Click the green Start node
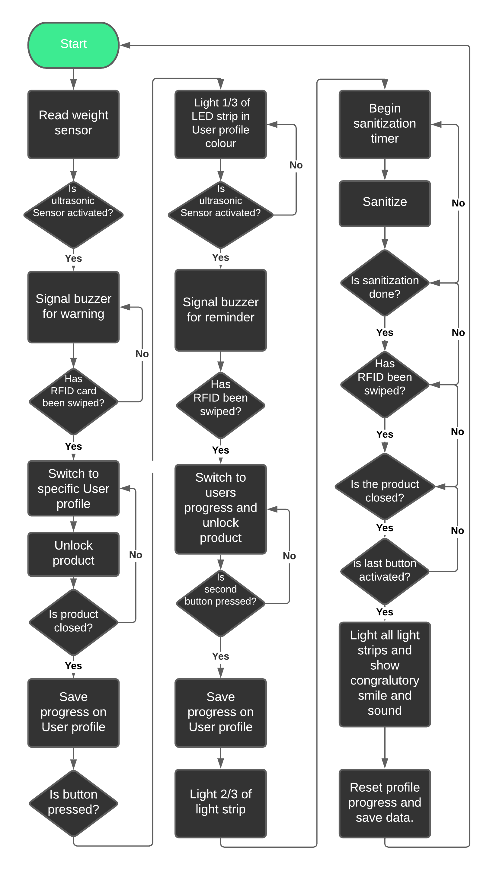[73, 45]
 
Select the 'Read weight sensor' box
[73, 124]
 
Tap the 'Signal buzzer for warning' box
[73, 307]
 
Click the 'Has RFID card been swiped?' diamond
[73, 402]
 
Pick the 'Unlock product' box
[73, 554]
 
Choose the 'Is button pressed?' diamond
[73, 803]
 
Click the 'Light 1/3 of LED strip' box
[221, 124]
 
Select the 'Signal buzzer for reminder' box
[221, 310]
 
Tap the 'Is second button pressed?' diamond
[221, 603]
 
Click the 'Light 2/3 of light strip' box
[221, 803]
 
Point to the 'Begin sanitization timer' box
[385, 124]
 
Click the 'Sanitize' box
[385, 203]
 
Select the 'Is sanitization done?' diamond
[385, 283]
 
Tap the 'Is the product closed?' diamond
[385, 487]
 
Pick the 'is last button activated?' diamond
[385, 572]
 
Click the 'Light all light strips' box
[385, 674]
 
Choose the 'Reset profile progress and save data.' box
[385, 803]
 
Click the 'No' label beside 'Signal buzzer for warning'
[142, 354]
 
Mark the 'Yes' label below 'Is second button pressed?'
[221, 656]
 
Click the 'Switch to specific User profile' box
[73, 488]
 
